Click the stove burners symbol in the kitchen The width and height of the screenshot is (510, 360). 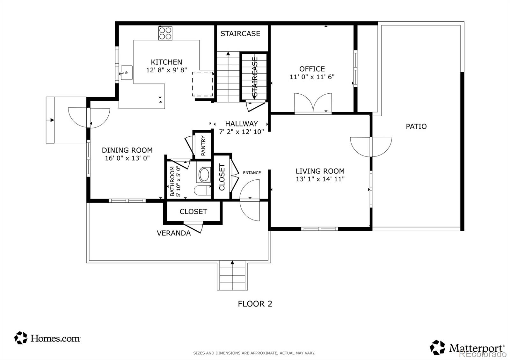[x=165, y=33]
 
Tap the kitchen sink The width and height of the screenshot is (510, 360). [x=126, y=73]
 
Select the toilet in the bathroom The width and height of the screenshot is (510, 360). [x=202, y=190]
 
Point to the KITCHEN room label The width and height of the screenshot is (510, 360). [x=166, y=62]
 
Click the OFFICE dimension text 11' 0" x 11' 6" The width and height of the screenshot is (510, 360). [x=312, y=77]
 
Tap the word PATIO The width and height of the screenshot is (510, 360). [x=416, y=126]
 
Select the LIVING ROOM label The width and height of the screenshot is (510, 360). [x=320, y=171]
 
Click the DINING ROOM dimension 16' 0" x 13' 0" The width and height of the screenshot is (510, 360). [x=127, y=158]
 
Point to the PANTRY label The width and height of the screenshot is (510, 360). [x=203, y=146]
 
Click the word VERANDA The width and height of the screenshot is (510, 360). [x=174, y=233]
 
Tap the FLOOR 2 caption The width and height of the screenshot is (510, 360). [x=255, y=304]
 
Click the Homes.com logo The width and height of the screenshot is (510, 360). [x=47, y=338]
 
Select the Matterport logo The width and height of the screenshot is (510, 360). [x=467, y=348]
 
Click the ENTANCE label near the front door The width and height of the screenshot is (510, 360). [x=252, y=173]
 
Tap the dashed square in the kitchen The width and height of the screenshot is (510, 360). [x=202, y=84]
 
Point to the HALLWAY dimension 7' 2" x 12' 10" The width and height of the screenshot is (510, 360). [x=241, y=132]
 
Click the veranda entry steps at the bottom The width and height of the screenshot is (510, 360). [x=232, y=275]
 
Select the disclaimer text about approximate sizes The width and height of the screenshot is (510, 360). [x=254, y=353]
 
